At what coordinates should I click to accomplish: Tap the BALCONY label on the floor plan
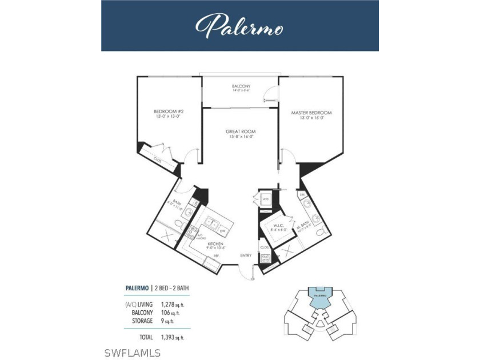point(241,86)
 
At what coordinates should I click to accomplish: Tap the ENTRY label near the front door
point(246,255)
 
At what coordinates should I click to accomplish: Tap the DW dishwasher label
point(222,231)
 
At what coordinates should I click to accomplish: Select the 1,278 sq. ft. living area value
point(177,305)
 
